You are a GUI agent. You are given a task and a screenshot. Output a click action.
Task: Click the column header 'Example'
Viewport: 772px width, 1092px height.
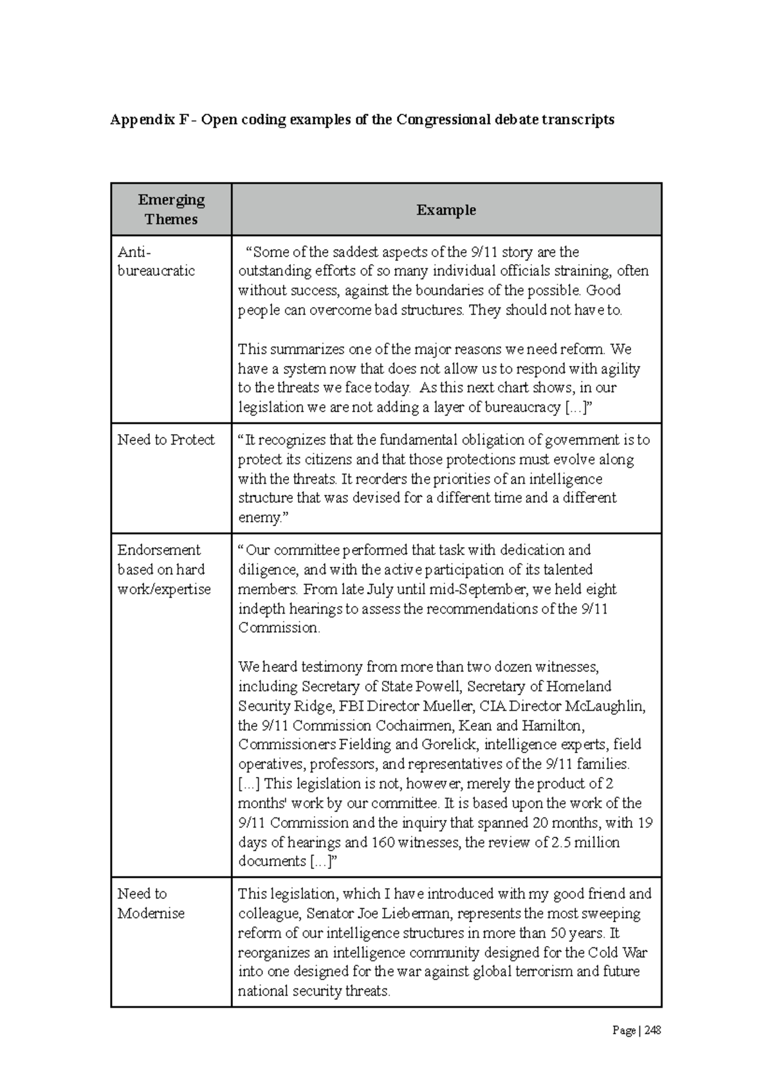[446, 210]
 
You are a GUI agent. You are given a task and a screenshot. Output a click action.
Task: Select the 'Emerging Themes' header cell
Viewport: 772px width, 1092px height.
[171, 210]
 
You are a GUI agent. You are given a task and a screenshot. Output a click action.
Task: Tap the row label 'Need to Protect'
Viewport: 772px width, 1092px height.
[166, 440]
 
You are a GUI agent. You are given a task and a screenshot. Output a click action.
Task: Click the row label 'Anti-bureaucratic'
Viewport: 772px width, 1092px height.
[156, 261]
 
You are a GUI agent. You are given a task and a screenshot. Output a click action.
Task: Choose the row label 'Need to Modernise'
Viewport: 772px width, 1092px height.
[151, 904]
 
